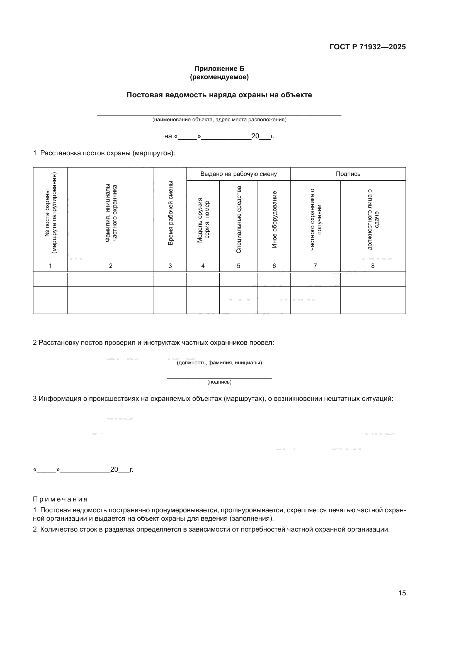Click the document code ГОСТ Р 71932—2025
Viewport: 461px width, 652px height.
[367, 47]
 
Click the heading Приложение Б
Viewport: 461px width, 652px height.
[219, 69]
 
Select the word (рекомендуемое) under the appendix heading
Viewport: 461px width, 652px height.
[219, 77]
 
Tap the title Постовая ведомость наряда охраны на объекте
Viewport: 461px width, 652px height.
[219, 95]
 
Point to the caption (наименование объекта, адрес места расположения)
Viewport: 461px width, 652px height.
[219, 120]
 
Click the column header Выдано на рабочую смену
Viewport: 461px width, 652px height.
[239, 174]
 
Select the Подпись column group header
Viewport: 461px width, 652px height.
[348, 174]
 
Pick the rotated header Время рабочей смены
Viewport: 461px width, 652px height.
[170, 213]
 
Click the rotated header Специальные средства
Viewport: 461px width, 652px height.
[239, 219]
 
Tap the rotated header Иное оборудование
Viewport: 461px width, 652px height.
[274, 219]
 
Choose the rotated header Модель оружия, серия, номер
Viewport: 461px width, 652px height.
[203, 219]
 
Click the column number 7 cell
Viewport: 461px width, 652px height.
[315, 266]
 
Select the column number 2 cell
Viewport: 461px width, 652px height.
[111, 266]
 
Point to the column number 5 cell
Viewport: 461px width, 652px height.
[239, 266]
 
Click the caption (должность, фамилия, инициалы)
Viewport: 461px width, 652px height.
[219, 363]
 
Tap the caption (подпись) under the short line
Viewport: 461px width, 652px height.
[219, 382]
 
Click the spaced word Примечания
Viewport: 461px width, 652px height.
[60, 499]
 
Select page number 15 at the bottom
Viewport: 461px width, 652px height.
[402, 593]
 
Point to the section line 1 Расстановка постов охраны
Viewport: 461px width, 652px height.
[104, 153]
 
